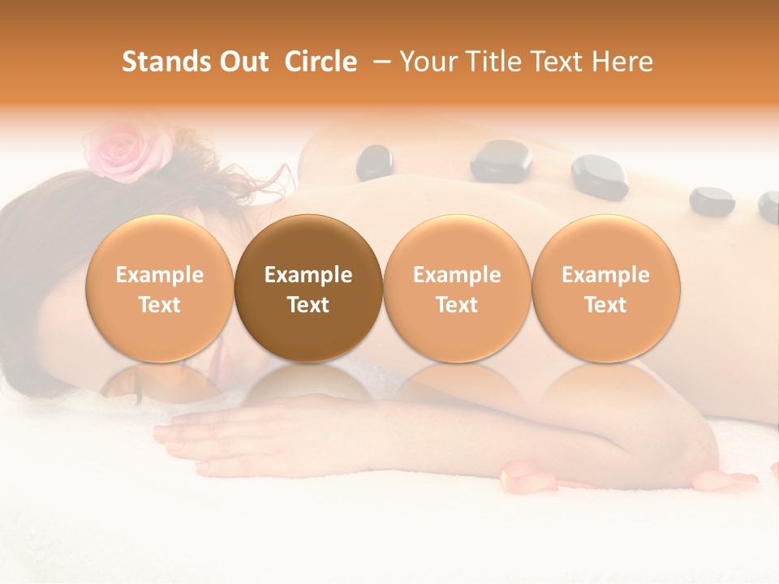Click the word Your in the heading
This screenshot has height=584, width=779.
tap(428, 62)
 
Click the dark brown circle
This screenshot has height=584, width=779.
tap(308, 289)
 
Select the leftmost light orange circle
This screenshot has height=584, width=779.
tap(159, 289)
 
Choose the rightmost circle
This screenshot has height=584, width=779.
tap(605, 289)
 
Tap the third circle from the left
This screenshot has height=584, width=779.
tap(457, 289)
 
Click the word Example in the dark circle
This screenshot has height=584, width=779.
tap(308, 275)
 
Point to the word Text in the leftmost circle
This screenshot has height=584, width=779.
tap(159, 305)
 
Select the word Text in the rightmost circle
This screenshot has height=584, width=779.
tap(605, 305)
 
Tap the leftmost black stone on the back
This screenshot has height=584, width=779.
tap(375, 161)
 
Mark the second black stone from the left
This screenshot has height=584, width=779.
tap(501, 160)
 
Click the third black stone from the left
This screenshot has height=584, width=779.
tap(600, 176)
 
